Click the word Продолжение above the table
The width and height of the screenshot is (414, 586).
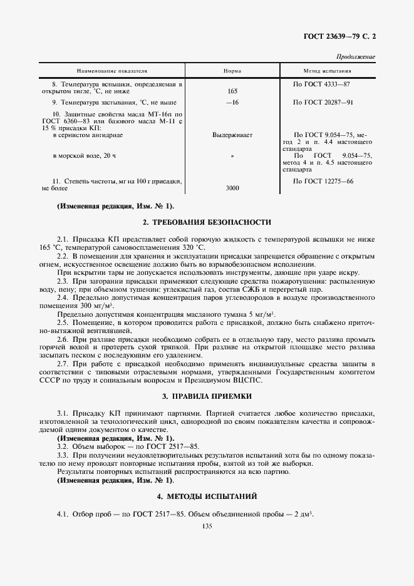pyautogui.click(x=356, y=57)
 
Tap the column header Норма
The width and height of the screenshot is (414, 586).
pyautogui.click(x=232, y=71)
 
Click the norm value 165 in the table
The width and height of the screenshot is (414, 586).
pyautogui.click(x=232, y=91)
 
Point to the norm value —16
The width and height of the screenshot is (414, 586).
pyautogui.click(x=232, y=102)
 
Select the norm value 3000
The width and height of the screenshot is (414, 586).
pyautogui.click(x=232, y=188)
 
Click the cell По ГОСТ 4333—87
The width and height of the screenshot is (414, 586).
pyautogui.click(x=321, y=83)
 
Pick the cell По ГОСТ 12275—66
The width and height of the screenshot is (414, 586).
pyautogui.click(x=323, y=181)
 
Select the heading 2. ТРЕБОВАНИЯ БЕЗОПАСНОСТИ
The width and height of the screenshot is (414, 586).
pyautogui.click(x=207, y=222)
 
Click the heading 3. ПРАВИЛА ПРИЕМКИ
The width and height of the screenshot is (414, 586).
pyautogui.click(x=207, y=396)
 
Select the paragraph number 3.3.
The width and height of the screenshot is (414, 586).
pyautogui.click(x=63, y=455)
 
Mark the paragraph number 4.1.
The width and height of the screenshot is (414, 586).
pyautogui.click(x=63, y=515)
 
